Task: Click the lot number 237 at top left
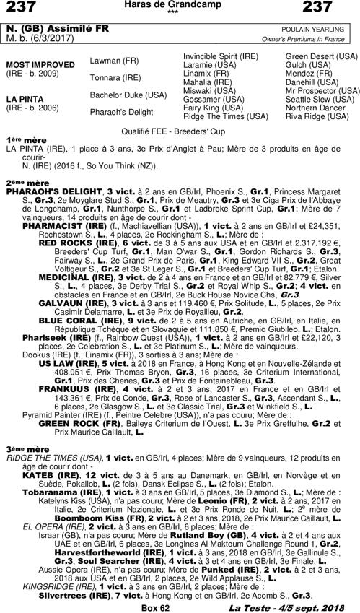click(x=22, y=9)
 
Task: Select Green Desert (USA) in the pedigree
click(x=319, y=56)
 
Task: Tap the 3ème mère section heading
click(x=22, y=448)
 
